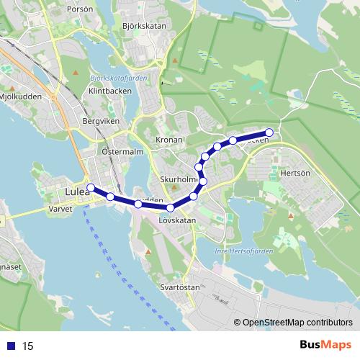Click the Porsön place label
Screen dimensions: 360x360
pyautogui.click(x=79, y=10)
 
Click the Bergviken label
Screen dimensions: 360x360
pyautogui.click(x=99, y=122)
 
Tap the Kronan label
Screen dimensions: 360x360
pyautogui.click(x=169, y=139)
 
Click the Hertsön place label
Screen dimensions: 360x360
pyautogui.click(x=294, y=174)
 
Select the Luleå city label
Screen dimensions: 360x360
pyautogui.click(x=76, y=192)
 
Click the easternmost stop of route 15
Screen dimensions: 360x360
pyautogui.click(x=269, y=132)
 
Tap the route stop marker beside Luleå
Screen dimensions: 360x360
pyautogui.click(x=91, y=188)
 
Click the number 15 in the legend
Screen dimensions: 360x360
pyautogui.click(x=28, y=346)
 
